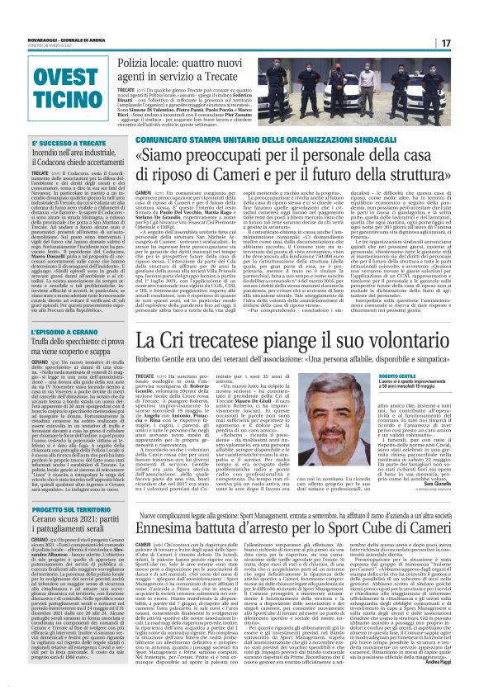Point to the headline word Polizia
click(139, 62)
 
